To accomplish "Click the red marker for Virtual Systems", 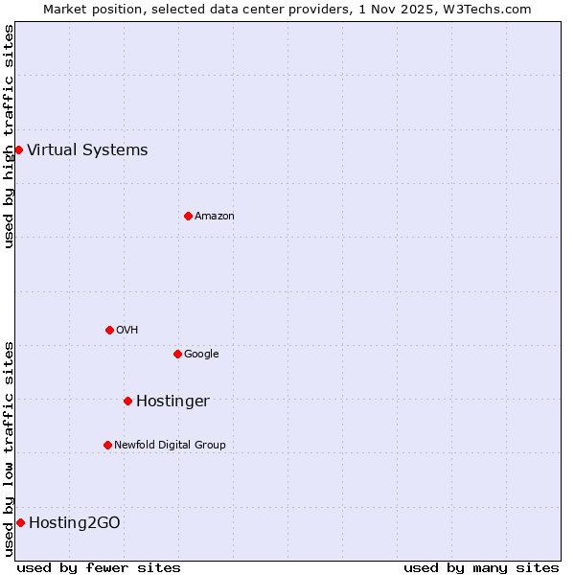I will click(x=18, y=149).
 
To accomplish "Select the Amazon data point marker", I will click(x=188, y=216).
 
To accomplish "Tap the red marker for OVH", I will click(x=109, y=330).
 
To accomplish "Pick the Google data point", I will click(x=177, y=354).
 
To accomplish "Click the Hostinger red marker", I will click(x=127, y=401).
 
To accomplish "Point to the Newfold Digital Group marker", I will click(x=107, y=445).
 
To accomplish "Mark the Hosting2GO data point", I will click(x=20, y=522).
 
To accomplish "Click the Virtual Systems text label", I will click(x=87, y=149).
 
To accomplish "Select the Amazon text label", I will click(x=215, y=216).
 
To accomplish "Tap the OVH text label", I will click(x=127, y=330).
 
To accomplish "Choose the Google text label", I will click(x=201, y=354).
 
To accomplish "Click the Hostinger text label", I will click(x=172, y=401).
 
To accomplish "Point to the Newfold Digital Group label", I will click(x=170, y=445).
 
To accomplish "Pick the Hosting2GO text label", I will click(x=75, y=522).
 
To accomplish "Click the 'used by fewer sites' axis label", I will click(x=99, y=567).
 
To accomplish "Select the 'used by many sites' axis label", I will click(x=481, y=567).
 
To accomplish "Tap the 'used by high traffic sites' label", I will click(x=9, y=136).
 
